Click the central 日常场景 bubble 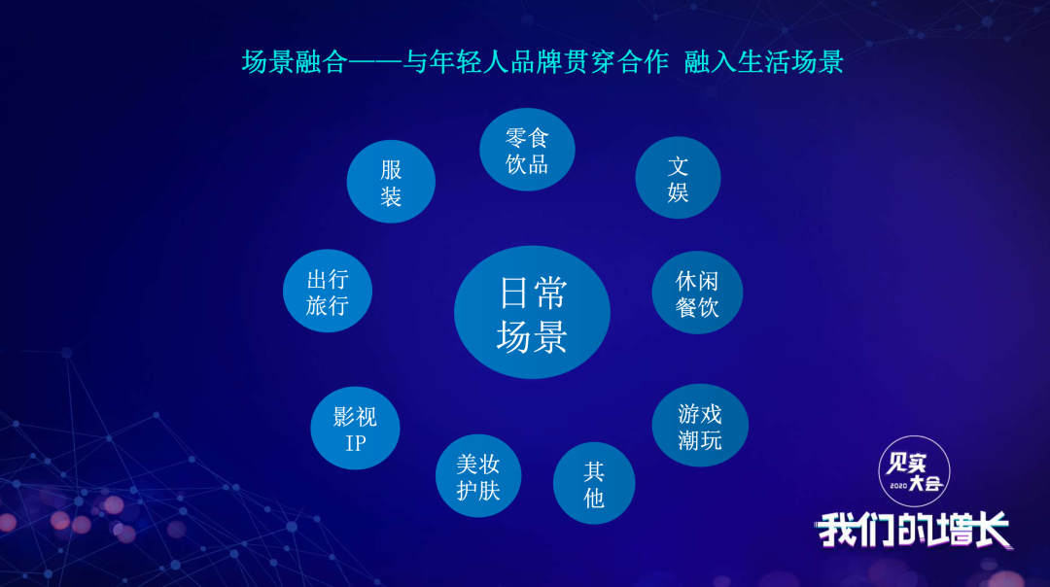pyautogui.click(x=532, y=312)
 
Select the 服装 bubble pyautogui.click(x=391, y=182)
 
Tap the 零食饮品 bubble pyautogui.click(x=527, y=150)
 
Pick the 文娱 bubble pyautogui.click(x=678, y=178)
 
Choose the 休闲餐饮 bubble pyautogui.click(x=697, y=293)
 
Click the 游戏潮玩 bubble pyautogui.click(x=700, y=426)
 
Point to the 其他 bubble pyautogui.click(x=594, y=483)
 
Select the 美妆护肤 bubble pyautogui.click(x=478, y=476)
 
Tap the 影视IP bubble pyautogui.click(x=355, y=429)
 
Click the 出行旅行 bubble pyautogui.click(x=328, y=292)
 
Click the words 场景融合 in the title pyautogui.click(x=295, y=62)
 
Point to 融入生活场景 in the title pyautogui.click(x=763, y=62)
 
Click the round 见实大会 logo pyautogui.click(x=914, y=471)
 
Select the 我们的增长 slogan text pyautogui.click(x=914, y=530)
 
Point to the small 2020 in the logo pyautogui.click(x=898, y=485)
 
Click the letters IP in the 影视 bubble pyautogui.click(x=355, y=443)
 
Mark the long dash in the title pyautogui.click(x=375, y=62)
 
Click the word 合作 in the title pyautogui.click(x=643, y=62)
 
